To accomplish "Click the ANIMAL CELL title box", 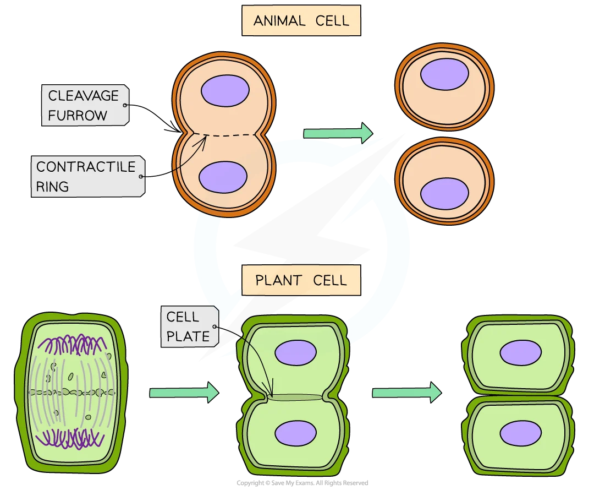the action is click(x=301, y=20).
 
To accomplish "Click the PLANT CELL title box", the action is click(x=301, y=280).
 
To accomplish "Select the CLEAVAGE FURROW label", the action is click(x=85, y=105).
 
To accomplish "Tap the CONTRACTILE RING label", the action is click(x=88, y=177).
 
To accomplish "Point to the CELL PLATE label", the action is click(x=189, y=326).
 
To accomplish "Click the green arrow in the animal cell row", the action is click(x=338, y=133).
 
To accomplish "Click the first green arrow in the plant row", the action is click(x=184, y=393).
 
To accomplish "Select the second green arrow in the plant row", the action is click(x=406, y=393).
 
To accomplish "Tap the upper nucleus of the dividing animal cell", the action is click(x=225, y=91).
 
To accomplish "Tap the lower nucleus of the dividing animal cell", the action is click(x=223, y=177).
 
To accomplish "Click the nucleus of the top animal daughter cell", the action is click(x=444, y=74).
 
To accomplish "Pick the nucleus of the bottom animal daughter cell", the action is click(x=444, y=193).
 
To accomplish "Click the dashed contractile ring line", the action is click(x=224, y=135).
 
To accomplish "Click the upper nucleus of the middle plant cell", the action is click(x=295, y=352).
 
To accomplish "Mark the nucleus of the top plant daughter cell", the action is click(x=520, y=352).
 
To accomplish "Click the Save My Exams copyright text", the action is click(x=302, y=483).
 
